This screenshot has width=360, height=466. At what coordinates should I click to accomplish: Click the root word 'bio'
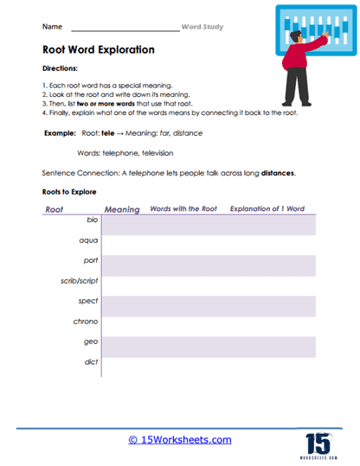tap(93, 221)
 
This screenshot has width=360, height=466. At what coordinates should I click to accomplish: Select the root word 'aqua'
tap(89, 241)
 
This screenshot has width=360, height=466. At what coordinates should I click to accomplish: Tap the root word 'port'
tap(91, 262)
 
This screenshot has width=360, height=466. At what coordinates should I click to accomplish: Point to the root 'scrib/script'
tap(79, 281)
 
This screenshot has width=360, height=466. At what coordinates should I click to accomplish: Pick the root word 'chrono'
tap(86, 322)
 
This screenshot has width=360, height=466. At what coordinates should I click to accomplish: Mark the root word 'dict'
tap(92, 361)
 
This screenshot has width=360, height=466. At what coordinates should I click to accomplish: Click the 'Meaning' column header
tap(121, 209)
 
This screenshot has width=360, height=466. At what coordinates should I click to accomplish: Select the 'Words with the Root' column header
tap(182, 208)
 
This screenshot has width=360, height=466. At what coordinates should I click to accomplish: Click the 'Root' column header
tap(54, 209)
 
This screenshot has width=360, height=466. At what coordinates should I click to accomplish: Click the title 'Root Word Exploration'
tap(98, 50)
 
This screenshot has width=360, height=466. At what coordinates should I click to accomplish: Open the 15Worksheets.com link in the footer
tap(180, 440)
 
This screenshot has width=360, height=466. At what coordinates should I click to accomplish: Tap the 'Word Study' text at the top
tap(202, 27)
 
